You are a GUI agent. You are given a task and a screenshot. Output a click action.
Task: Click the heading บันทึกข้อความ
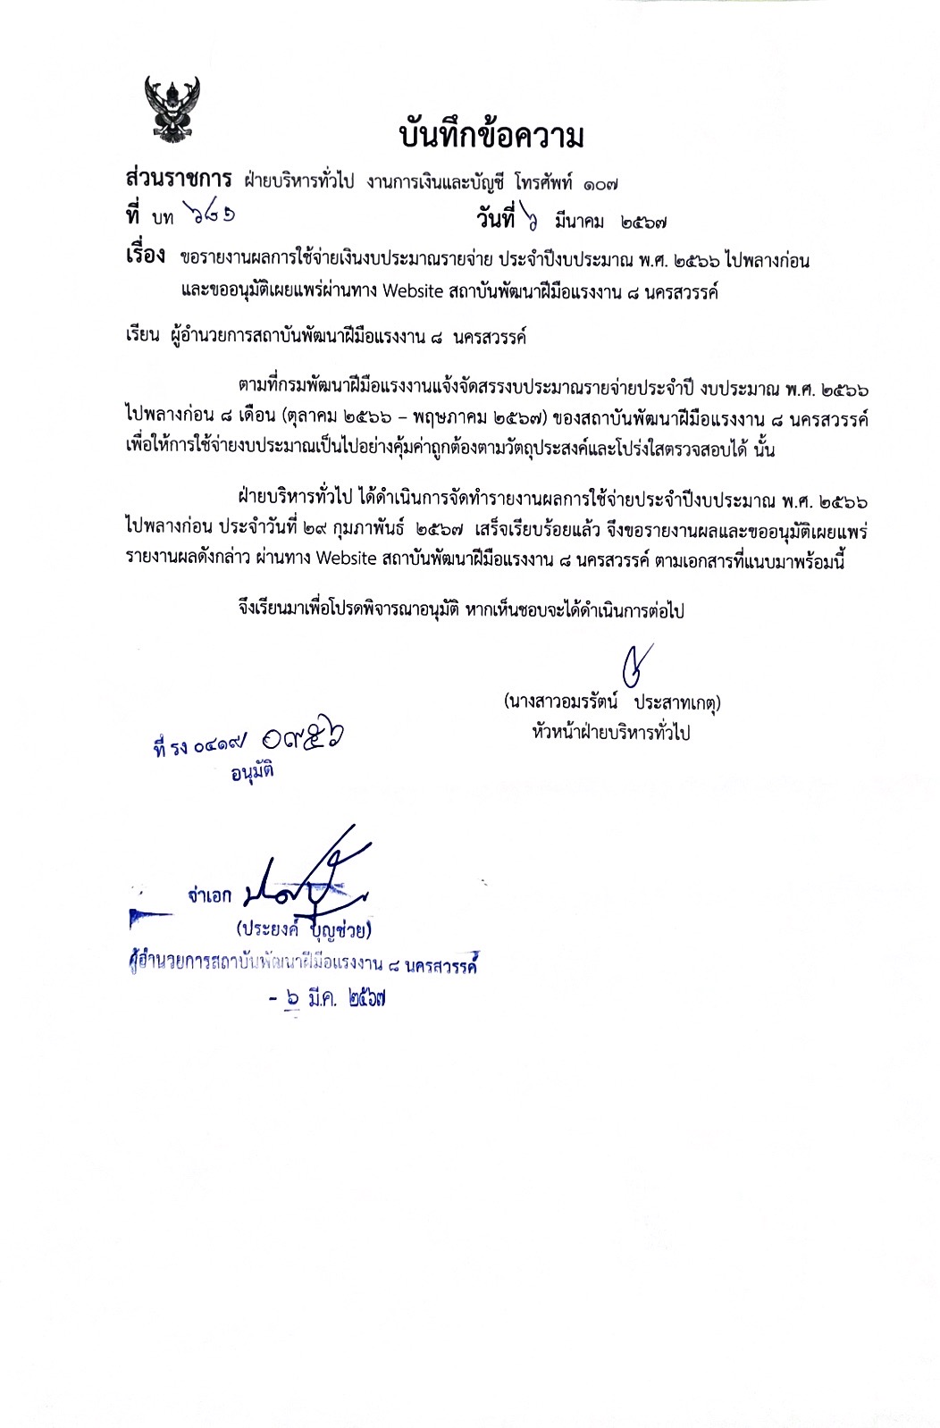pos(491,137)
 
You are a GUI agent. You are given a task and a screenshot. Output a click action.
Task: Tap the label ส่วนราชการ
pos(179,179)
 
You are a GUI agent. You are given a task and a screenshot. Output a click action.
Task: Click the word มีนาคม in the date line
pos(579,220)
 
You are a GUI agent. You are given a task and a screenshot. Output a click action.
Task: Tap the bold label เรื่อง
pos(145,256)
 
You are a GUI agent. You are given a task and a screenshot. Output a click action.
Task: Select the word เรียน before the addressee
pos(143,338)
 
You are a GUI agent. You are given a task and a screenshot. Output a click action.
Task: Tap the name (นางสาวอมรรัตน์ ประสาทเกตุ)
pos(611,702)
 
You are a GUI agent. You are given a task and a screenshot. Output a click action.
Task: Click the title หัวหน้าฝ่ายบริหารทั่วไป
pos(610,733)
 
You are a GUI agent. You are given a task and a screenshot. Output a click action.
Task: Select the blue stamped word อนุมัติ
pos(252,771)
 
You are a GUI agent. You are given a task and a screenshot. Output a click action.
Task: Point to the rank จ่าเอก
pos(209,895)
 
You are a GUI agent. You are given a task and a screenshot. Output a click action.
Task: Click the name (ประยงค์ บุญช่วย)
pos(304,930)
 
